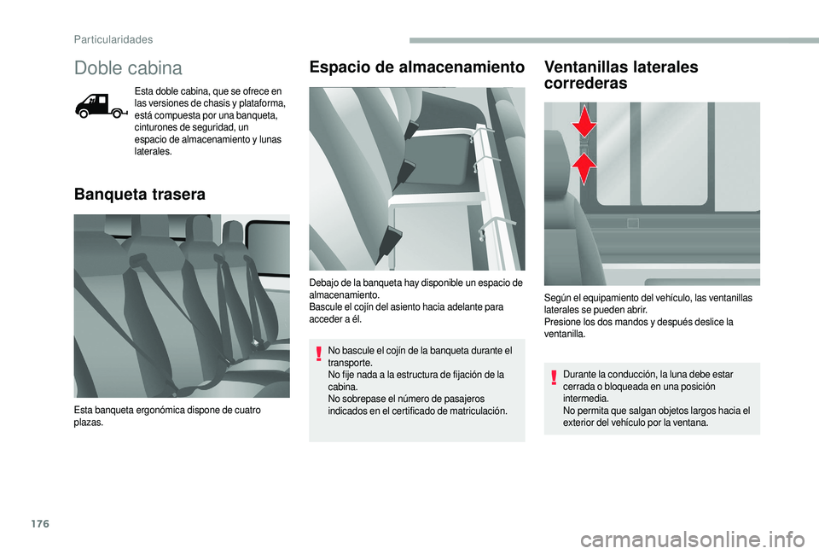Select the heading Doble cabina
(128, 67)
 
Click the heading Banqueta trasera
(140, 195)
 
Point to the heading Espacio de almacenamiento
(416, 67)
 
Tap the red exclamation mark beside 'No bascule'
(319, 353)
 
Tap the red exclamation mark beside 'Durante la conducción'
(554, 377)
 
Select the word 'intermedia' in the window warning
(585, 399)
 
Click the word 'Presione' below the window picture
(561, 322)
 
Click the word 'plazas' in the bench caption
(88, 423)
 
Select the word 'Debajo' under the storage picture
(324, 283)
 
